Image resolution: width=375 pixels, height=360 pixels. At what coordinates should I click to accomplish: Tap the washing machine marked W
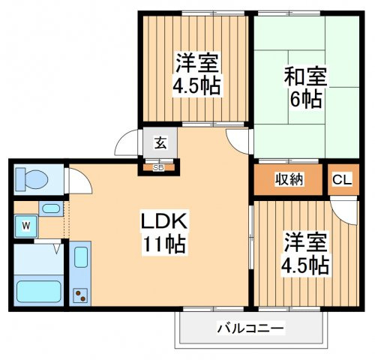pos(25,224)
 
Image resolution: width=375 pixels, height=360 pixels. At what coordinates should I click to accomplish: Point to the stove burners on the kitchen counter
pos(80,293)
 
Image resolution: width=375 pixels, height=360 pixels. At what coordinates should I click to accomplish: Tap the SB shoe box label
pos(158,167)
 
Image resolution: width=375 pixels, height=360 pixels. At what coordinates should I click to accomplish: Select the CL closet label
pos(341,180)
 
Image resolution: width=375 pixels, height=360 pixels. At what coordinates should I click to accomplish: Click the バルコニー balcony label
pos(251,328)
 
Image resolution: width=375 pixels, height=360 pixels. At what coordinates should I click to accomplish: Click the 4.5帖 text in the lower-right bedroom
pos(304,265)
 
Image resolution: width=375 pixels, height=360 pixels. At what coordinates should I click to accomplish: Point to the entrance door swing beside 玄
pos(127,142)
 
